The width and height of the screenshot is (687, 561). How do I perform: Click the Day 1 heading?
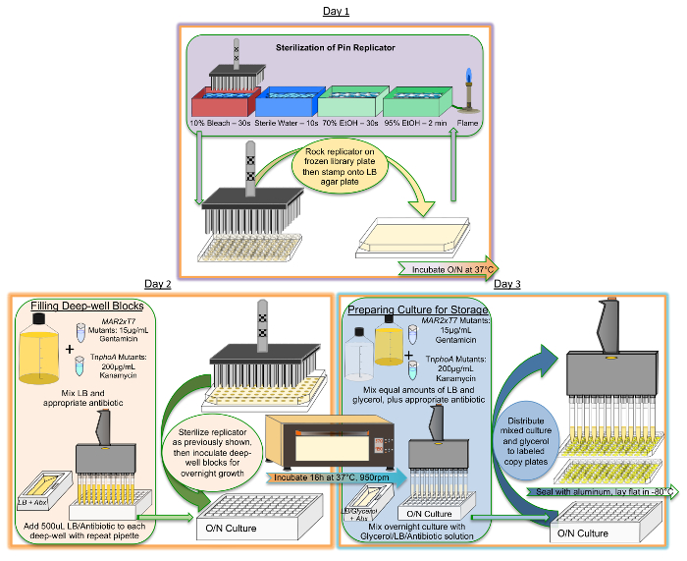pyautogui.click(x=337, y=11)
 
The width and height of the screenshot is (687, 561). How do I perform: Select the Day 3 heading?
pyautogui.click(x=507, y=284)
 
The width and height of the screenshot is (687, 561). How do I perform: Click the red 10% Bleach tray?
pyautogui.click(x=224, y=104)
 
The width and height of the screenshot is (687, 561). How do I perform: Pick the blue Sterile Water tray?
pyautogui.click(x=286, y=104)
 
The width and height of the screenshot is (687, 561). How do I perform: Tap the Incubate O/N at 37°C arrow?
pyautogui.click(x=446, y=268)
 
